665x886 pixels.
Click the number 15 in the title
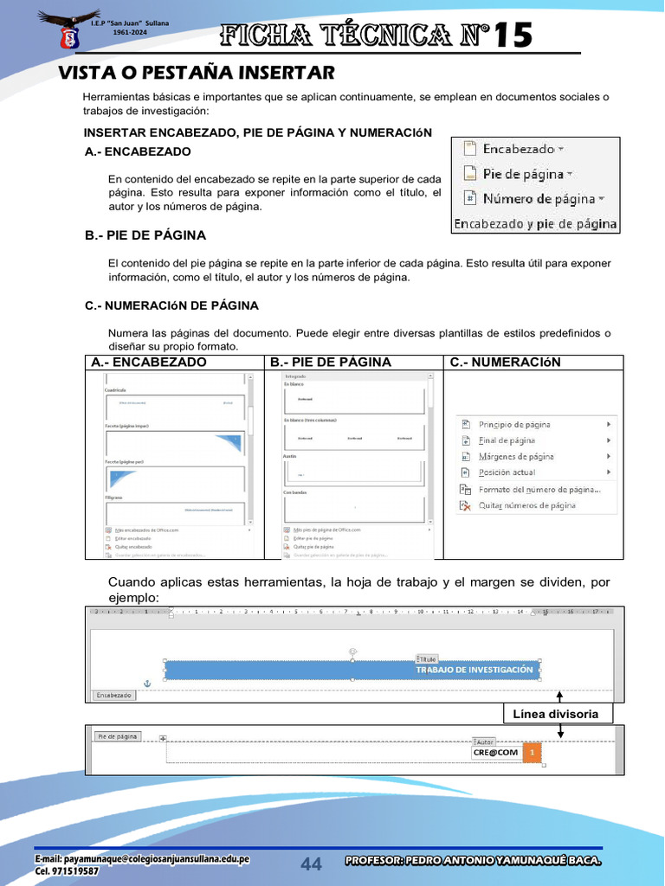pyautogui.click(x=515, y=35)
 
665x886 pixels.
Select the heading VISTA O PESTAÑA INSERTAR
pyautogui.click(x=196, y=72)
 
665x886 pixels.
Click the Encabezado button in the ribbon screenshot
pyautogui.click(x=518, y=149)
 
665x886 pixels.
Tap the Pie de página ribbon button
pyautogui.click(x=522, y=174)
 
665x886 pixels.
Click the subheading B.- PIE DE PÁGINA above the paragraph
pyautogui.click(x=145, y=235)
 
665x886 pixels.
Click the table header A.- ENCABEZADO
pyautogui.click(x=149, y=363)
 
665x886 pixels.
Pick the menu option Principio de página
pyautogui.click(x=513, y=425)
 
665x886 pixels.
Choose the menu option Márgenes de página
pyautogui.click(x=516, y=457)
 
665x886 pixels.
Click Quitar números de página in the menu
pyautogui.click(x=526, y=505)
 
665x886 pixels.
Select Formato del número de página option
pyautogui.click(x=539, y=489)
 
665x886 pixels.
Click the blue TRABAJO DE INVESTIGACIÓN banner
pyautogui.click(x=352, y=671)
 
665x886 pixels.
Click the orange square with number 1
pyautogui.click(x=533, y=753)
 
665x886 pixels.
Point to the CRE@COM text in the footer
pyautogui.click(x=495, y=753)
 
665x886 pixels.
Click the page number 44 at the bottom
pyautogui.click(x=311, y=864)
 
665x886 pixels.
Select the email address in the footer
pyautogui.click(x=142, y=859)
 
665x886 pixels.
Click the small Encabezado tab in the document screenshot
pyautogui.click(x=113, y=695)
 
